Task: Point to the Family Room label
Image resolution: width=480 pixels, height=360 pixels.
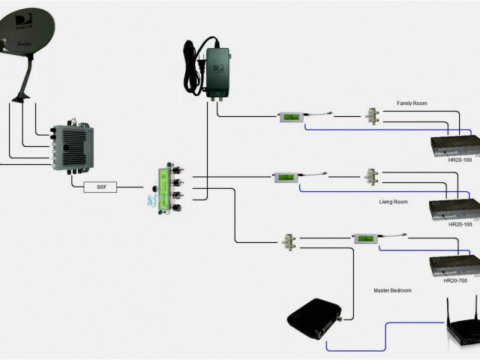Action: (412, 103)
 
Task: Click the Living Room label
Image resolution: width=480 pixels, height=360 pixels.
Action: (394, 202)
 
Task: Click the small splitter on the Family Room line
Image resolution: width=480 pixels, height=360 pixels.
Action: (370, 116)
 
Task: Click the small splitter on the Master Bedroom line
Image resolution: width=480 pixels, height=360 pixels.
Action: (289, 241)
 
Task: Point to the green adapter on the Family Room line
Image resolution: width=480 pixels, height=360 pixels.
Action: (289, 117)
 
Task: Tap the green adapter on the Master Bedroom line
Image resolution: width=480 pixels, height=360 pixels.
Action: (365, 238)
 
